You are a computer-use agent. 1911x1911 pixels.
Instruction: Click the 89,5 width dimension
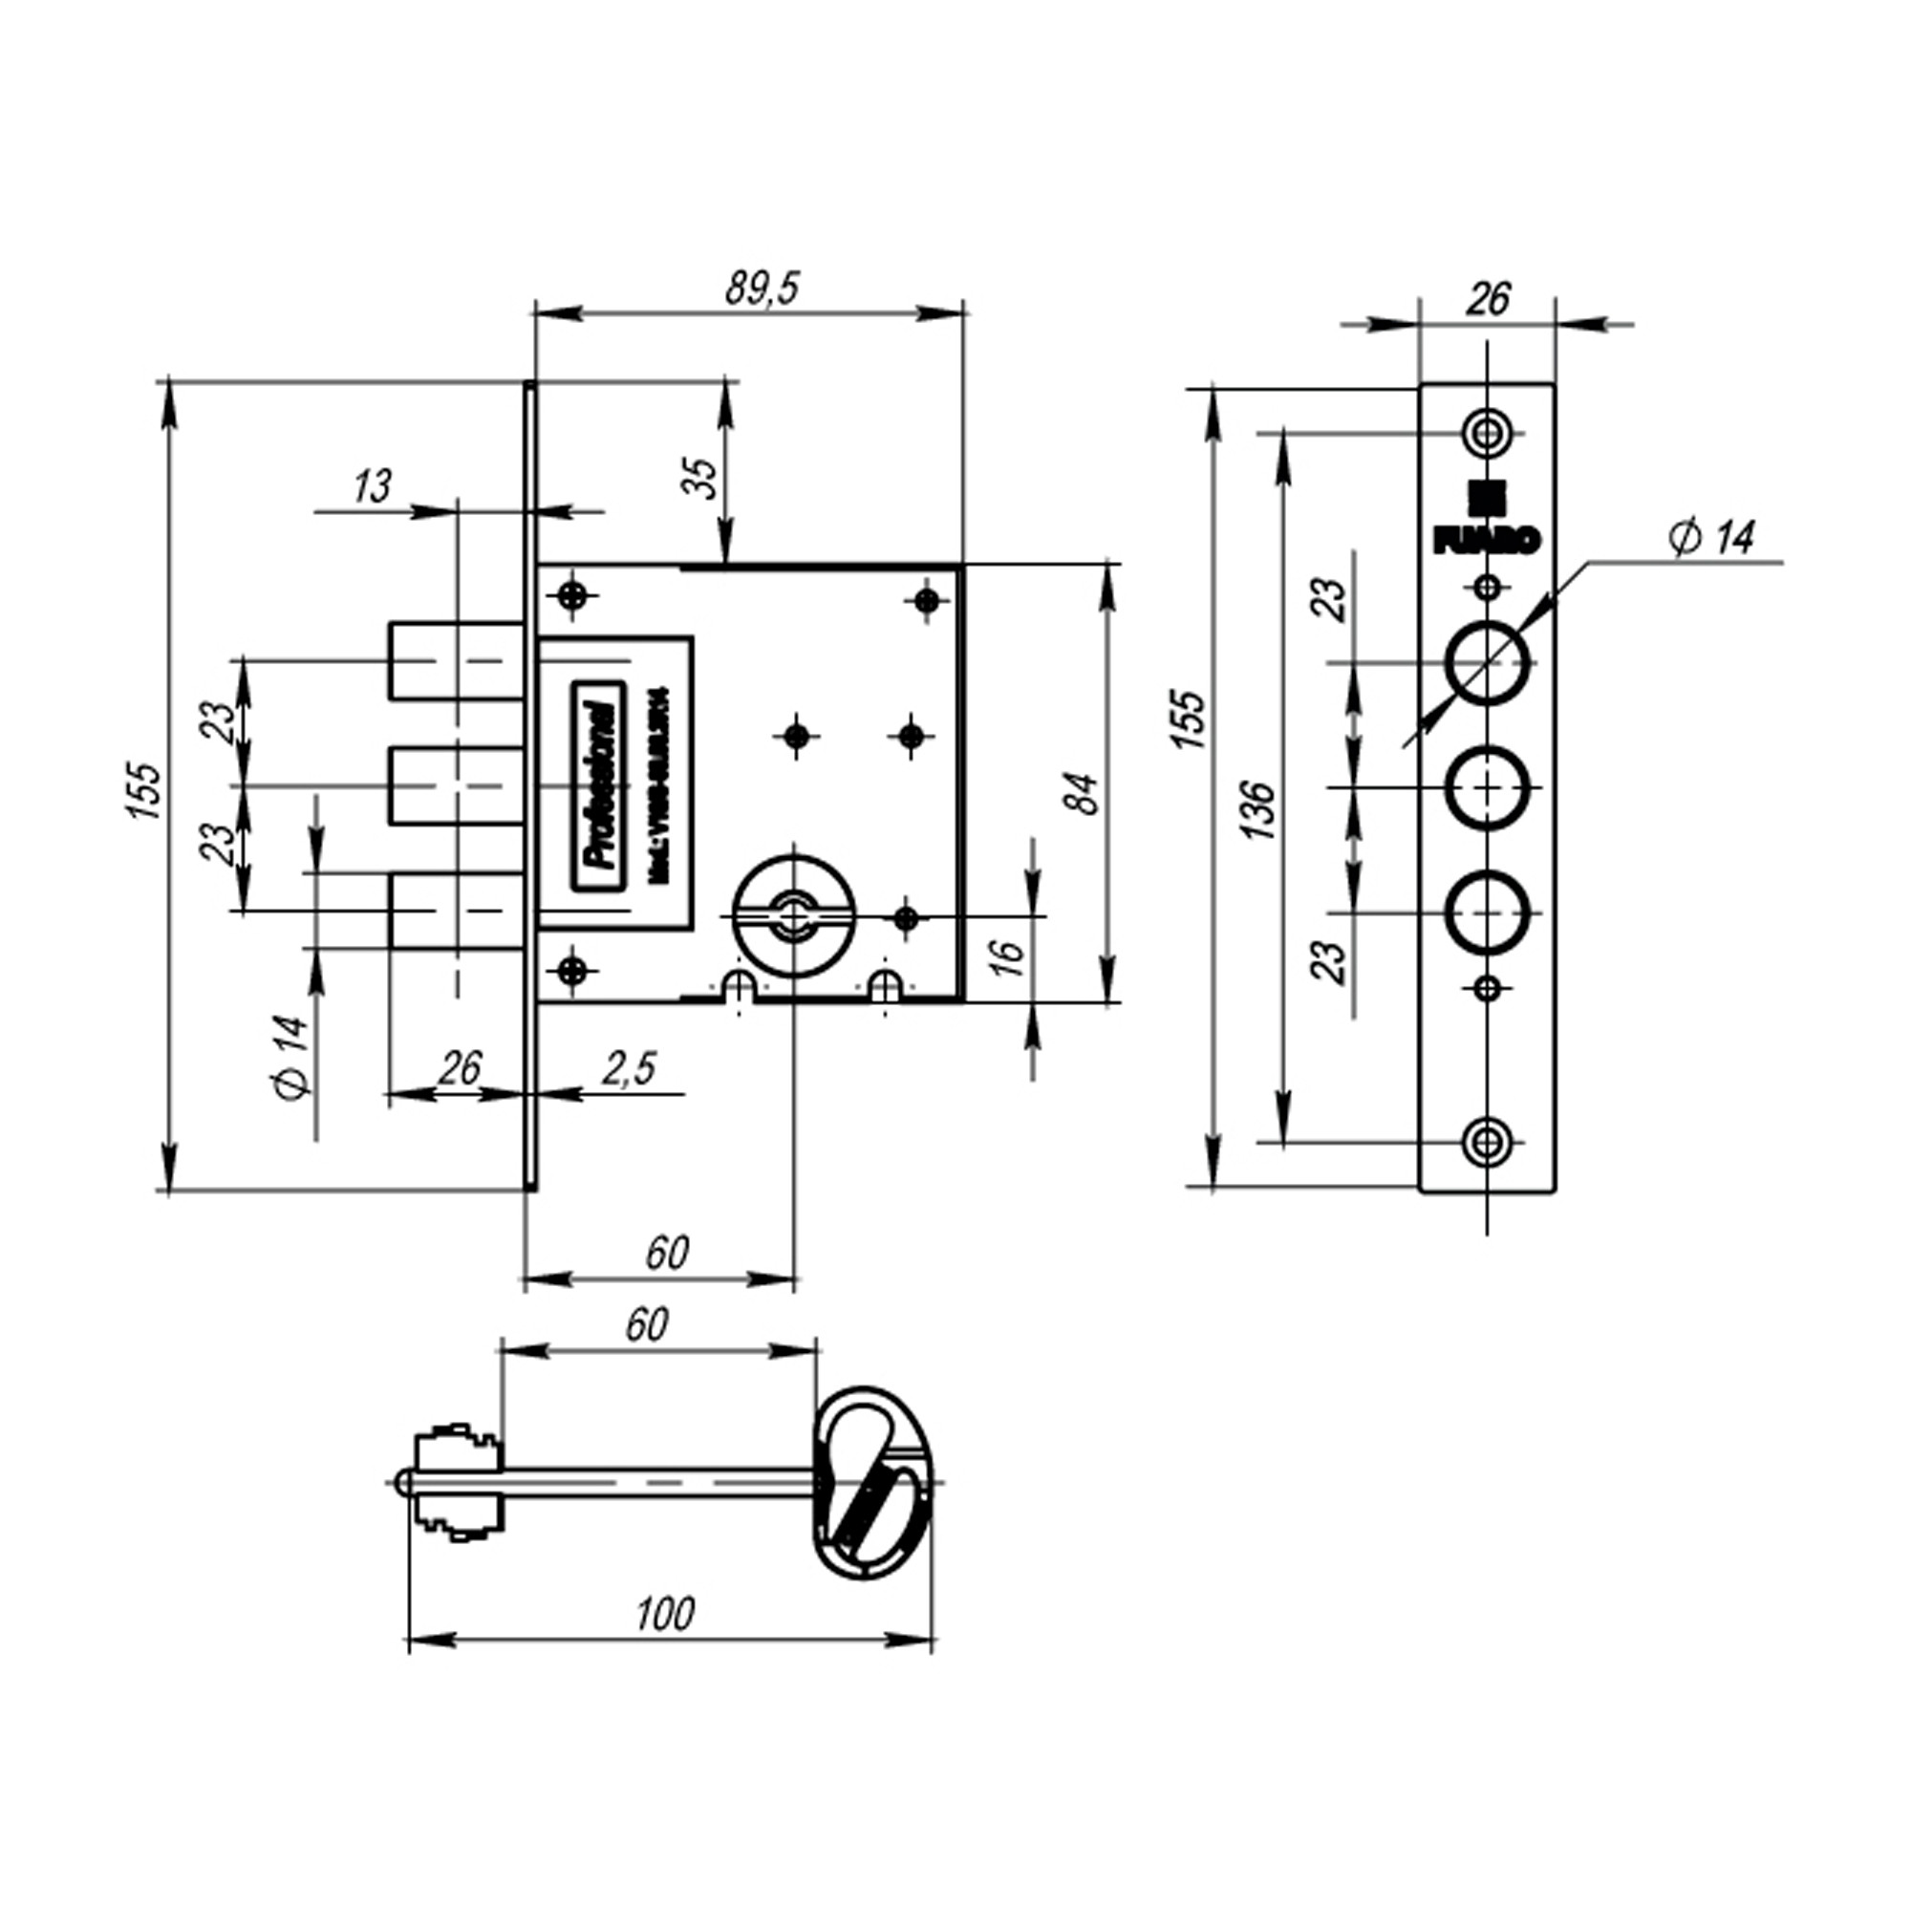tap(761, 289)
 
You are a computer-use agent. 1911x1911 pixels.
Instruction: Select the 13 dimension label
tap(372, 486)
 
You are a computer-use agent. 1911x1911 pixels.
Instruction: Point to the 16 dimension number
tap(1006, 956)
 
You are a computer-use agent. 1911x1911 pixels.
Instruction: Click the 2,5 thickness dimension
tap(629, 1069)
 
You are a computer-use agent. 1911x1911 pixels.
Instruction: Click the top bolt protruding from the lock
tap(455, 661)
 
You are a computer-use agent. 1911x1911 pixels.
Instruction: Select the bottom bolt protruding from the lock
tap(455, 910)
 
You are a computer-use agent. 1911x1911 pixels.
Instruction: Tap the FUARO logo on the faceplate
tap(1486, 525)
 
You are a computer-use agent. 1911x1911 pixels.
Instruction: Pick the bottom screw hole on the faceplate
tap(1486, 1142)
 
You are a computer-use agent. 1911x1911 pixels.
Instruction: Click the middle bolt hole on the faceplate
tap(1486, 787)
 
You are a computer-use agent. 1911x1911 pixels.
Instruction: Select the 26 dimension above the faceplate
tap(1486, 298)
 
